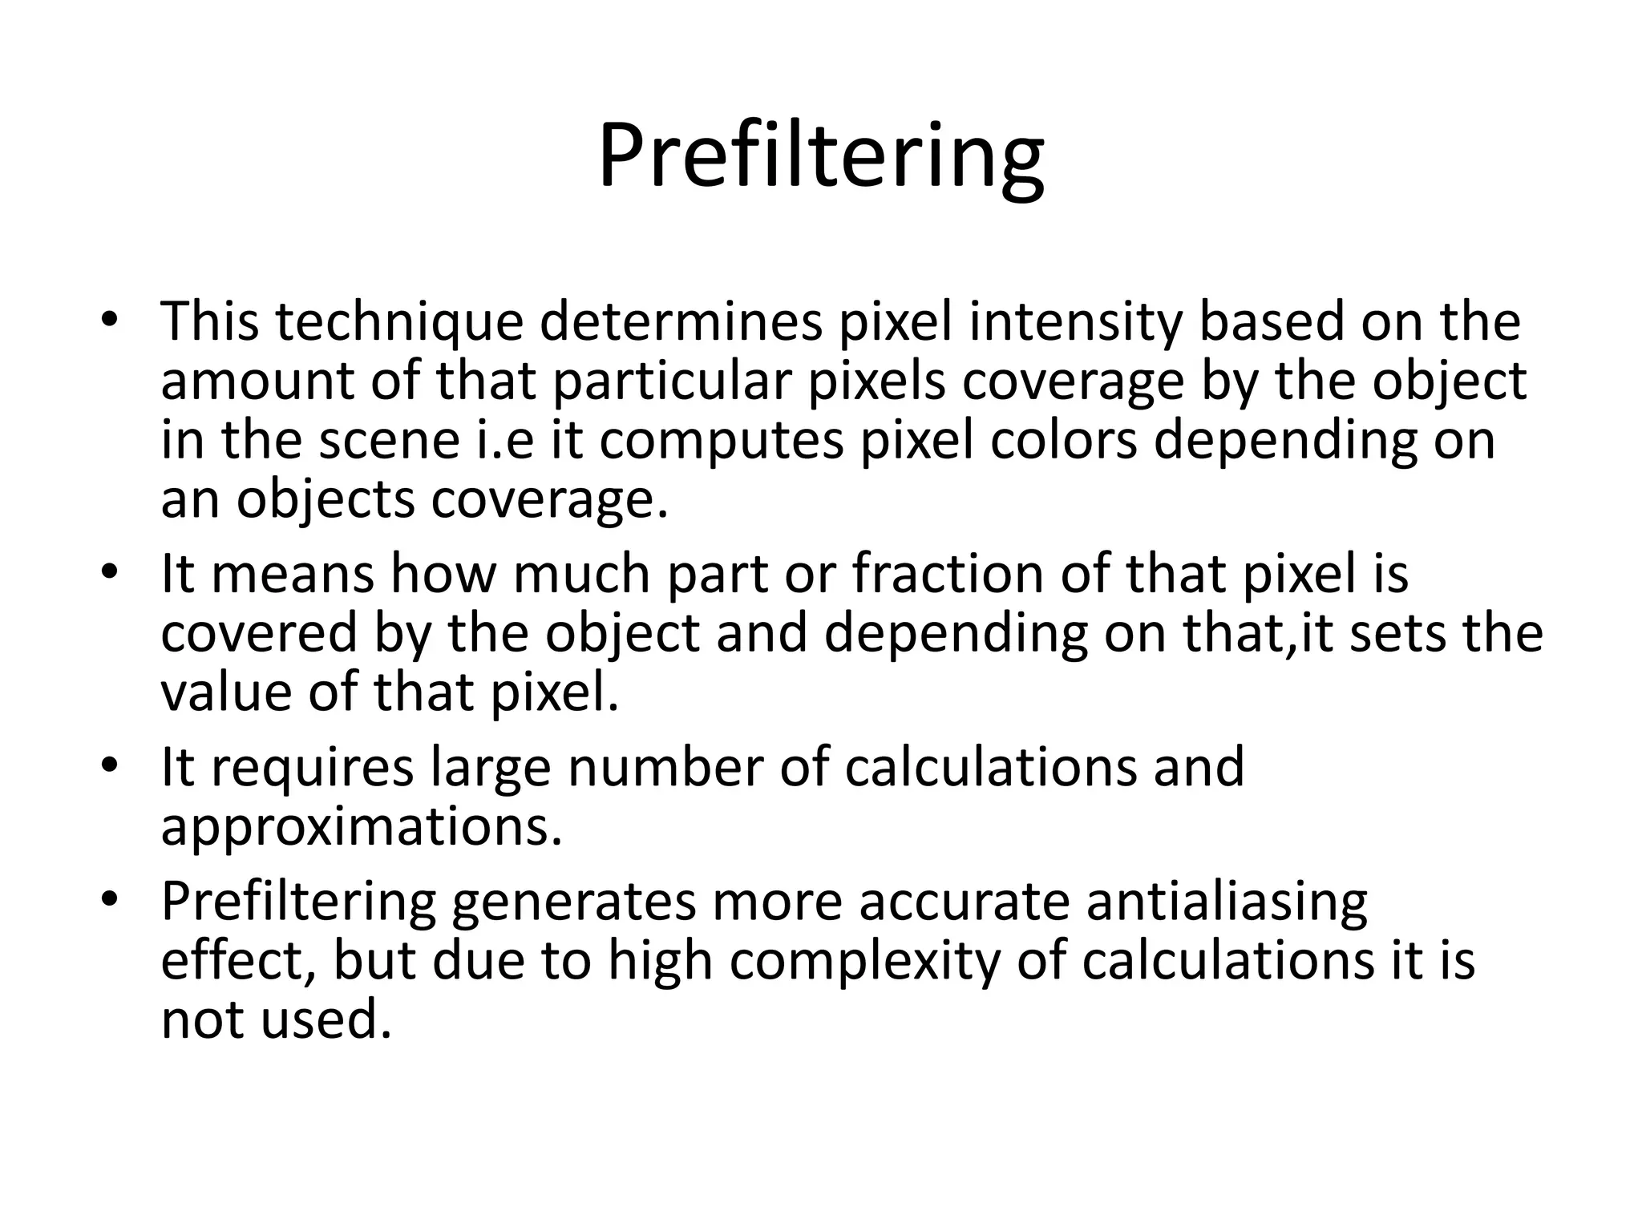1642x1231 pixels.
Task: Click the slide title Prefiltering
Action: (821, 156)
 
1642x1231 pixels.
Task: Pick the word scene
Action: (389, 440)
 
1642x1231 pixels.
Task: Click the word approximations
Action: (361, 828)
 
